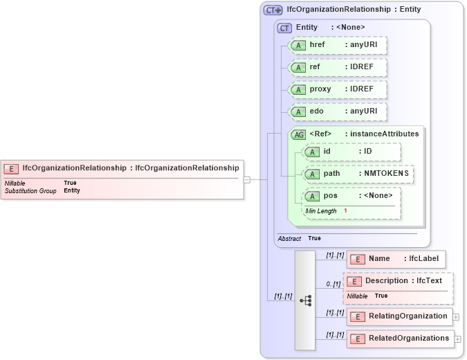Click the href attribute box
[338, 45]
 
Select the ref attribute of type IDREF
[338, 67]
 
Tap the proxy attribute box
[338, 89]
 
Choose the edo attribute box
[338, 111]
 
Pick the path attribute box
[358, 174]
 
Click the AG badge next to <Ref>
[299, 134]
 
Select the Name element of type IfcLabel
[396, 259]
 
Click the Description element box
[398, 281]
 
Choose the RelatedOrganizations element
[400, 339]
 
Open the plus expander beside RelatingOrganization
[456, 317]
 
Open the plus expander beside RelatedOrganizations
[457, 339]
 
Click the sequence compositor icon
[305, 300]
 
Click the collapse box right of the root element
[247, 179]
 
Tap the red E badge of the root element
[12, 168]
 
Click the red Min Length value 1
[345, 210]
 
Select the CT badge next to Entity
[284, 28]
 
